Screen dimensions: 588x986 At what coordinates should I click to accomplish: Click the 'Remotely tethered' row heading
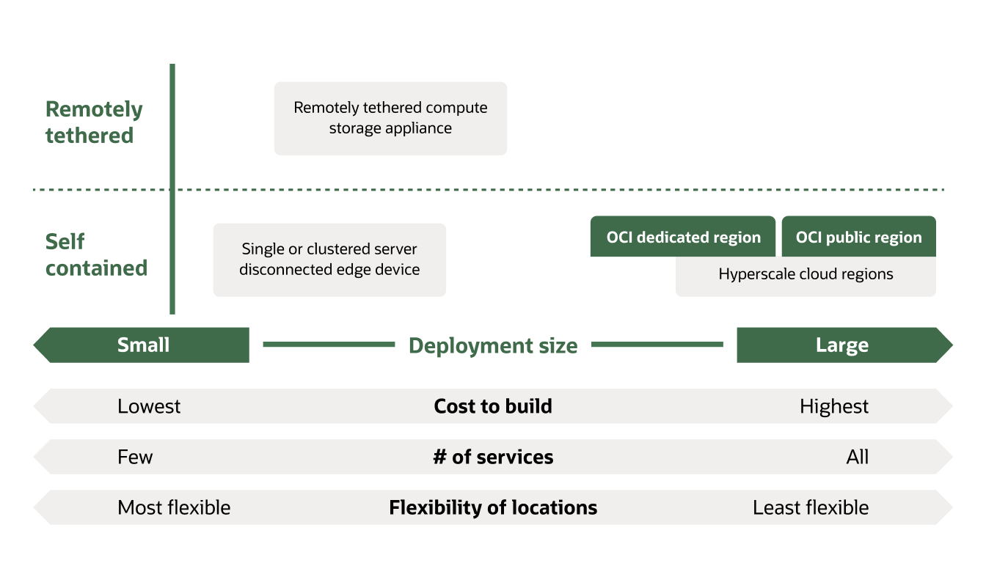94,122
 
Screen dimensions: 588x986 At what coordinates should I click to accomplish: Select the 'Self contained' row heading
96,255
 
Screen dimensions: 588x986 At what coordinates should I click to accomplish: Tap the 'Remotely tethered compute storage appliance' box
390,118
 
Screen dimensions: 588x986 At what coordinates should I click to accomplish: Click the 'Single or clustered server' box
329,260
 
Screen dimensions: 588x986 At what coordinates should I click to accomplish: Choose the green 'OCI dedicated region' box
683,237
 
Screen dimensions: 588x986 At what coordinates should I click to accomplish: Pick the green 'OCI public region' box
858,237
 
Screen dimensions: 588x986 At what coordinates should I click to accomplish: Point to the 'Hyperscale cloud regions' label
806,275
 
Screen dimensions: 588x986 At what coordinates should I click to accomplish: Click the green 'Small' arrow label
143,345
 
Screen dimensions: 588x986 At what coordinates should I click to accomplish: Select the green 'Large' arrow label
841,345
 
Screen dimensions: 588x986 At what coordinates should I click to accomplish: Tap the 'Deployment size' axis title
493,345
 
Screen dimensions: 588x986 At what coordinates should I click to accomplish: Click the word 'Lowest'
149,406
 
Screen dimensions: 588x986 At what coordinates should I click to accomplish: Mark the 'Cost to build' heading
493,406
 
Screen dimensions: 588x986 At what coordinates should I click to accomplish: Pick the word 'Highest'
834,406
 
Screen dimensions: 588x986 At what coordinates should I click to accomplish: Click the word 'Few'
135,457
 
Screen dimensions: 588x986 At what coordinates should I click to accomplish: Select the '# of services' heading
493,457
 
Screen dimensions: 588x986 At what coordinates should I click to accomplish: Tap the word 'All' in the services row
857,457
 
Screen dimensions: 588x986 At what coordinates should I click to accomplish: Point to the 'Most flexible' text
174,507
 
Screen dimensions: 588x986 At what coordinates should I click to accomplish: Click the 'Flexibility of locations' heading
493,507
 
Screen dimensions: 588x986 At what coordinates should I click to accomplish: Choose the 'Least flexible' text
811,507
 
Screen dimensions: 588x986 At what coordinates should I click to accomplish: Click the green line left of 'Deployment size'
329,344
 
